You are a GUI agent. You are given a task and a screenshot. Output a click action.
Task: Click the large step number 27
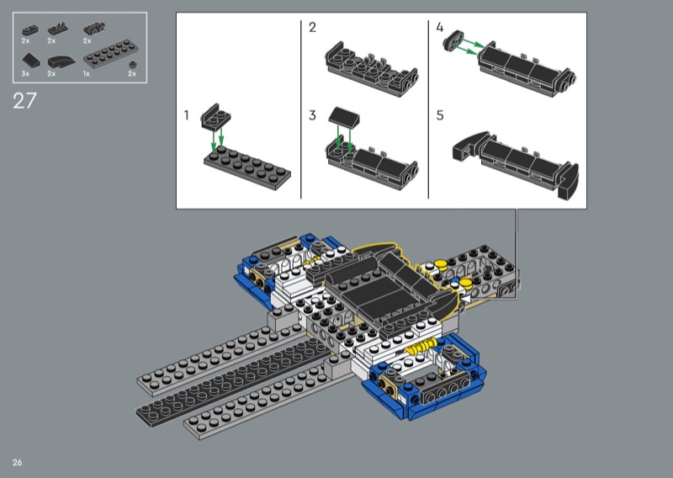click(24, 101)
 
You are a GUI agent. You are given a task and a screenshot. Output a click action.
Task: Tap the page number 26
click(17, 462)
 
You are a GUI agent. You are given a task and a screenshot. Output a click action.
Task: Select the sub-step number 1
click(186, 115)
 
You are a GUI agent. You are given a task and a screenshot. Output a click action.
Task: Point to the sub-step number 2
click(312, 28)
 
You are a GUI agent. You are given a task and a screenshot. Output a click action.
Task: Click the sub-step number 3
click(312, 115)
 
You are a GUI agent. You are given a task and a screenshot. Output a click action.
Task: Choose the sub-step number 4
click(439, 28)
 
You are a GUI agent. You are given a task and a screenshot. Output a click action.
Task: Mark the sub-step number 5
click(439, 115)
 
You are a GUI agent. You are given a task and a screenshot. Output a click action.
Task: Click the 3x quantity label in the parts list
click(25, 74)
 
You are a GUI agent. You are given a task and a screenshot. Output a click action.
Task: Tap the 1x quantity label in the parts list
click(87, 74)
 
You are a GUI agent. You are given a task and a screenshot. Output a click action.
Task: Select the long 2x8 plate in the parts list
click(108, 54)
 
